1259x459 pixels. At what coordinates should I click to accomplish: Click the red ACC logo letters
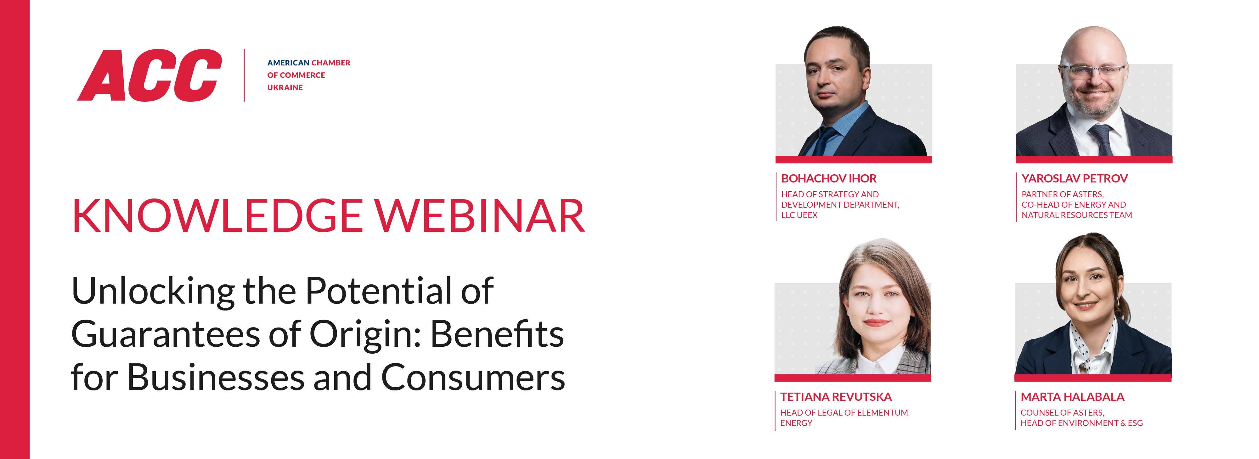coord(150,76)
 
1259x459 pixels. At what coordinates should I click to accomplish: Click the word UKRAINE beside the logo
coord(285,87)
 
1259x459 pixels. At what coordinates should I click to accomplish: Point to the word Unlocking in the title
coord(153,292)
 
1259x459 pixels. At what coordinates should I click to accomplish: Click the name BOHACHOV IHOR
coord(828,179)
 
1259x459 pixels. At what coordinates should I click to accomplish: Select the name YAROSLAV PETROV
coord(1074,179)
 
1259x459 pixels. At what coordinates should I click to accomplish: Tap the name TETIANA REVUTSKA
coord(836,397)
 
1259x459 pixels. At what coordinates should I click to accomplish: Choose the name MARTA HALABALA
coord(1072,397)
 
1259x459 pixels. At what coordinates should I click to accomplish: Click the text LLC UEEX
coord(799,215)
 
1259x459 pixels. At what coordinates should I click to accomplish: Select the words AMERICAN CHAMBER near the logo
coord(308,63)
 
